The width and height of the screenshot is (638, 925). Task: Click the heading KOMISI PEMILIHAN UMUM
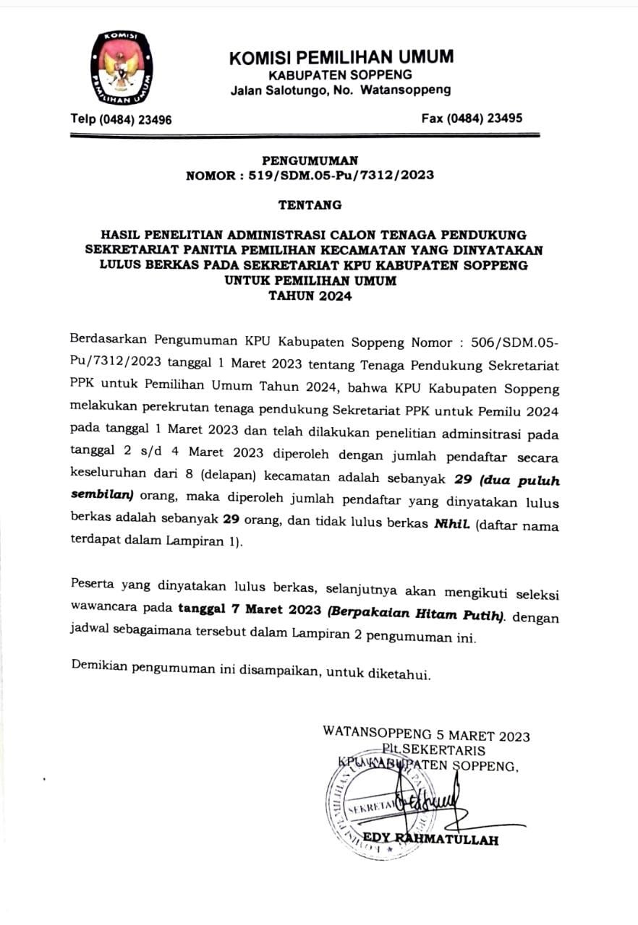click(x=341, y=57)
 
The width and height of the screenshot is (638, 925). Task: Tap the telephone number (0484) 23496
click(x=121, y=119)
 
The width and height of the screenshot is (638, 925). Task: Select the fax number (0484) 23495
click(x=472, y=119)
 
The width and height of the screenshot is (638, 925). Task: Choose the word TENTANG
click(x=310, y=205)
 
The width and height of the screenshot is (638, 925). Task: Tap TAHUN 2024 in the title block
click(x=310, y=296)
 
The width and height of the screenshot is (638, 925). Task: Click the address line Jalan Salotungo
click(x=340, y=90)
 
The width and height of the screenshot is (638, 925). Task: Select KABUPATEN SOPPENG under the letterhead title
click(x=340, y=74)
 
